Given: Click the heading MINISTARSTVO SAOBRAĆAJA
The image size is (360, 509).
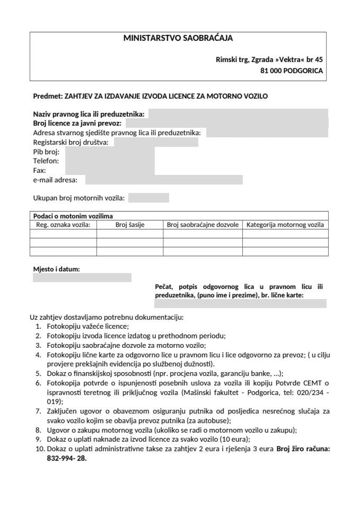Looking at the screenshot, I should pos(178,38).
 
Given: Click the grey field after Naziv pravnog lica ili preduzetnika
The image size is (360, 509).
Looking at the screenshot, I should pos(239,114).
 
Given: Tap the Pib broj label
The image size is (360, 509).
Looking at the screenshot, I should pos(46,152).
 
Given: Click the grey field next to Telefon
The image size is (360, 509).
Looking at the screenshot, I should pos(110,161).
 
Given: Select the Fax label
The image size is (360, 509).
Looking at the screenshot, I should pos(39,171).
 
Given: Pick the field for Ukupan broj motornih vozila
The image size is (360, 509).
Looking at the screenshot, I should pos(148,198).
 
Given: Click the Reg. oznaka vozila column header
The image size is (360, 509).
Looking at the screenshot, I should pos(63,225).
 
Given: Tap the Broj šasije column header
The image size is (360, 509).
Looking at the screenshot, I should pos(130,225).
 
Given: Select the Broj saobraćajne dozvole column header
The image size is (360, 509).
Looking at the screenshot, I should pos(203,225).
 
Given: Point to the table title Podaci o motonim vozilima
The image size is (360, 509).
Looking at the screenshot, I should pos(73,216).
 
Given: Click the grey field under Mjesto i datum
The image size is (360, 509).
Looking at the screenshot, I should pos(82,278).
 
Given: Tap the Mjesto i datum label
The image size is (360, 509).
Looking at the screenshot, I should pos(57,269).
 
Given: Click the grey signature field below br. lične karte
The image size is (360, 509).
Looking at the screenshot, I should pos(240,304).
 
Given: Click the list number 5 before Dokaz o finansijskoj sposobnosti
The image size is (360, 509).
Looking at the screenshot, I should pos(38,373).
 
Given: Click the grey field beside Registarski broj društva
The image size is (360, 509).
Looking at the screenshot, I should pos(156,143).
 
